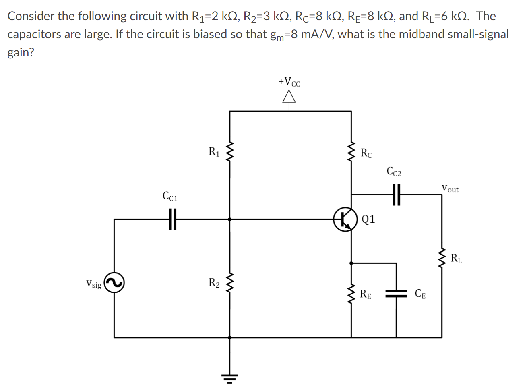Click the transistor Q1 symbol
(x=345, y=219)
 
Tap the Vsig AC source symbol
(x=114, y=283)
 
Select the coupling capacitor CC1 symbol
(x=172, y=219)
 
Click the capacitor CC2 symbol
(x=397, y=195)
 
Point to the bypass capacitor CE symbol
(x=397, y=294)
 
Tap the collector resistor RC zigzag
(x=351, y=152)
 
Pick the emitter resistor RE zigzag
(x=351, y=294)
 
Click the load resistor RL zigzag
(x=442, y=259)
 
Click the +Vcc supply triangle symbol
(x=289, y=97)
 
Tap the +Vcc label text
(x=289, y=82)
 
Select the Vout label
(x=450, y=188)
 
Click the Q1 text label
(x=368, y=219)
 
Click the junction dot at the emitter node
(x=351, y=263)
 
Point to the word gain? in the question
(x=21, y=52)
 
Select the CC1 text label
(x=170, y=196)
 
